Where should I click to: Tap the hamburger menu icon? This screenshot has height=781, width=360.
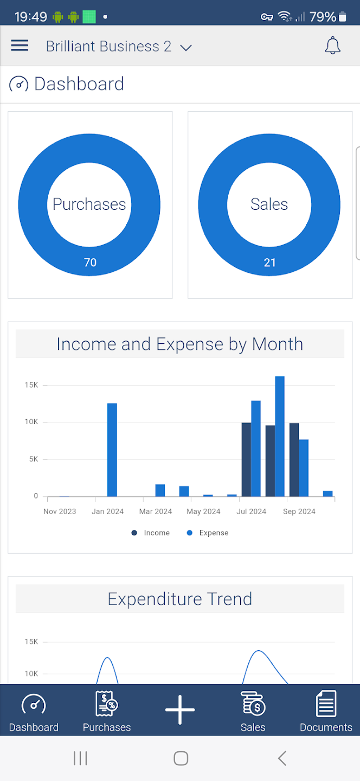(20, 46)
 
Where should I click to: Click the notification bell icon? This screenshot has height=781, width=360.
(332, 46)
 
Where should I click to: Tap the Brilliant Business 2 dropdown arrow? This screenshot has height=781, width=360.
(186, 48)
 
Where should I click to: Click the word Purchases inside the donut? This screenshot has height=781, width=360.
(89, 204)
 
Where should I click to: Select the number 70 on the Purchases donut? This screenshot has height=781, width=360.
(90, 263)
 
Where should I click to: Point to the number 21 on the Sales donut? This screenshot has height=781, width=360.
(269, 263)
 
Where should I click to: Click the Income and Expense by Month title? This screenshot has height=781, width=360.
(179, 344)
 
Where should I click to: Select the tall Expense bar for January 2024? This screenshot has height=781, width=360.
(112, 450)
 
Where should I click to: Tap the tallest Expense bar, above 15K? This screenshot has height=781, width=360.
(280, 436)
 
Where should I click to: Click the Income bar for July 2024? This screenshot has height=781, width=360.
(246, 459)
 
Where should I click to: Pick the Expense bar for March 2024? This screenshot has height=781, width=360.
(160, 490)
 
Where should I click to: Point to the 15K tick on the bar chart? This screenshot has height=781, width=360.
(31, 385)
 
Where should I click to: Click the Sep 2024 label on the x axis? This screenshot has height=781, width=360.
(299, 511)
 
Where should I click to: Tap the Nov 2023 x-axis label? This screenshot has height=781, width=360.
(60, 511)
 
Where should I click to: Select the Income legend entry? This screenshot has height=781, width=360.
(151, 533)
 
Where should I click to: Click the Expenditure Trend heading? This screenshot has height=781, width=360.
(179, 599)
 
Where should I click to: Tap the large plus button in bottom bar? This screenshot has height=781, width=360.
(180, 709)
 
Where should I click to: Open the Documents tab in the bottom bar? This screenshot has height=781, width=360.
(326, 711)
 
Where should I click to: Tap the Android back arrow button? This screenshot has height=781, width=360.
(282, 758)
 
